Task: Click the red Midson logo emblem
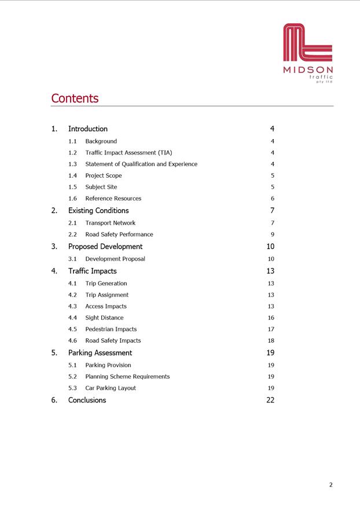pos(307,43)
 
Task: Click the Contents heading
pos(75,98)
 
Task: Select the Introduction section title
pos(88,129)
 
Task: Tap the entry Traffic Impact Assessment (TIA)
pos(128,153)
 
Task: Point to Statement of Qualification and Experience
pos(141,164)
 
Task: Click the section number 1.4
pos(72,175)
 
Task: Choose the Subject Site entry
pos(101,187)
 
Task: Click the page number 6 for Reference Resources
pos(272,199)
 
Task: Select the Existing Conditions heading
pos(98,211)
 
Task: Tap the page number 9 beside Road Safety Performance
pos(272,235)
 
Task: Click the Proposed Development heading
pos(105,247)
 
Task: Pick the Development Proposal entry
pos(115,259)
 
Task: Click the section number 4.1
pos(72,284)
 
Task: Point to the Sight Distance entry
pos(104,318)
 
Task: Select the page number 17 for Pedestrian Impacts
pos(271,329)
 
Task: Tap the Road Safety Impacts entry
pos(113,341)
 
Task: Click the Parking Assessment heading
pos(100,353)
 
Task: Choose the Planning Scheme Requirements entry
pos(127,376)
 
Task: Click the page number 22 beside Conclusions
pos(270,400)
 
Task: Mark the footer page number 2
pos(330,485)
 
